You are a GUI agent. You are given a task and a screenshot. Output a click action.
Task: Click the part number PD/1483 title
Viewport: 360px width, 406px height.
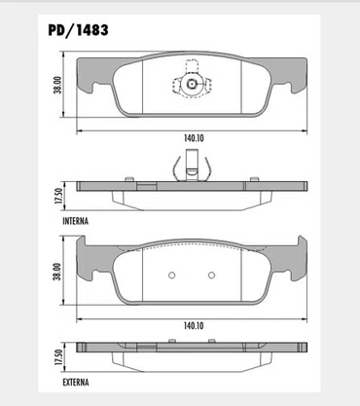pos(78,30)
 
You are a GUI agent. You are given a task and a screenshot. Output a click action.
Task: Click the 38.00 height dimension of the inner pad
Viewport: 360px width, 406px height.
pos(57,85)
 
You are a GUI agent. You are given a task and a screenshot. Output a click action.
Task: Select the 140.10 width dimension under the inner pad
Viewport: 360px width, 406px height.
pos(194,138)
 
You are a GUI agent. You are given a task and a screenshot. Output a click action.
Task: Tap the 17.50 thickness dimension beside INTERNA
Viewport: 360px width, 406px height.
pos(58,196)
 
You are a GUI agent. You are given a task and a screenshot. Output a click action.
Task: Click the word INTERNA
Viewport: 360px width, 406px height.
pos(75,221)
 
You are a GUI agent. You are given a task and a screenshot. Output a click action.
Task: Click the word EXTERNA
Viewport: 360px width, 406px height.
pos(76,383)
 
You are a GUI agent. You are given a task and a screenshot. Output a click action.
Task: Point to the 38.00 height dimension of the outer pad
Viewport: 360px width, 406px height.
pos(57,272)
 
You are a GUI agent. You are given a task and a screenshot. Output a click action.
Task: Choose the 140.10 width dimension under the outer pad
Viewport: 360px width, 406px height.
pos(194,325)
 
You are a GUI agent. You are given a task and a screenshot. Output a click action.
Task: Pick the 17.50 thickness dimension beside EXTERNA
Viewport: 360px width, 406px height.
pos(58,357)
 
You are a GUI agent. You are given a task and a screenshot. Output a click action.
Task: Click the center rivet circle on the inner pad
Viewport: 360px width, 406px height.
pos(192,84)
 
